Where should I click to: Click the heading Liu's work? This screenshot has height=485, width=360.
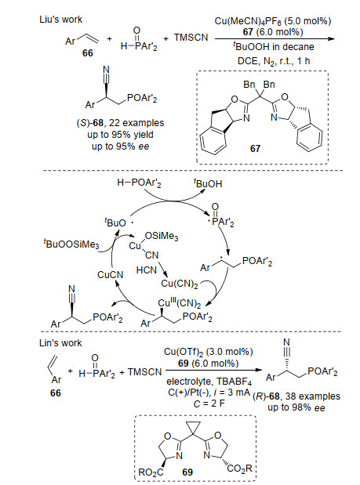(60, 20)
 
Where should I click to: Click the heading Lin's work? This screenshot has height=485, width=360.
(60, 343)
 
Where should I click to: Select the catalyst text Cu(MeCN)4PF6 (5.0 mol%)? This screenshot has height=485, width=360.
(273, 21)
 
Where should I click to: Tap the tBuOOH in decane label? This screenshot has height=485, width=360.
(273, 46)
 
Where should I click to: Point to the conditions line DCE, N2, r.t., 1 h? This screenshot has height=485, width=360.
(274, 61)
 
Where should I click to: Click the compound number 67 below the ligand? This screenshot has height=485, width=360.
(255, 149)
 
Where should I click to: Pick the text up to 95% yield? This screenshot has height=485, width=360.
(120, 135)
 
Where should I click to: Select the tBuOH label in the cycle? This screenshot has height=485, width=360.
(208, 183)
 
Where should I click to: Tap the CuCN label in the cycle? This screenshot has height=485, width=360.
(111, 275)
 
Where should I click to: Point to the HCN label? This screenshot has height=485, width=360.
(147, 270)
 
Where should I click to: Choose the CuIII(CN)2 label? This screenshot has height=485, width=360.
(180, 303)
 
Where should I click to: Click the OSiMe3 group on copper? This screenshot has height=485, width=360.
(162, 237)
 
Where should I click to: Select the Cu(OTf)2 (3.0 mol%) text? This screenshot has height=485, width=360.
(209, 352)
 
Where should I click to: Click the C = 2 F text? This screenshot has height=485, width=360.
(209, 404)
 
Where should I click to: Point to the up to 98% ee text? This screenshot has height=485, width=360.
(296, 407)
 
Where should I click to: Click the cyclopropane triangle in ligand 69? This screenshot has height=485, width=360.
(192, 428)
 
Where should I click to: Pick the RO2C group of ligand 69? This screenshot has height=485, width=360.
(151, 472)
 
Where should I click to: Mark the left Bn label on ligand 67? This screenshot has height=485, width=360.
(249, 85)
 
